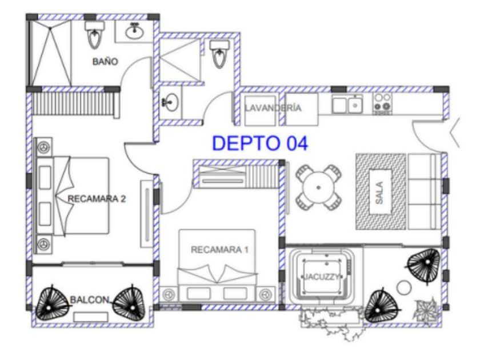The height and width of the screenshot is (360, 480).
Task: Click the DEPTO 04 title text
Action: pyautogui.click(x=260, y=143)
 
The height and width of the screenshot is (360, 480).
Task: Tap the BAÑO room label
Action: pyautogui.click(x=105, y=62)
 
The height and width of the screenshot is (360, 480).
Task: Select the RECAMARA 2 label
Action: pyautogui.click(x=97, y=199)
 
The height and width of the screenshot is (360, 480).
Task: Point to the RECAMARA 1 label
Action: pyautogui.click(x=219, y=250)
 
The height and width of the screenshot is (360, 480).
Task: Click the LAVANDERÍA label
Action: pyautogui.click(x=273, y=108)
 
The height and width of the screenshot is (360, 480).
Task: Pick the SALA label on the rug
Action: pyautogui.click(x=379, y=193)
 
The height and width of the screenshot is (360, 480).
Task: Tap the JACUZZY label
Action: pyautogui.click(x=321, y=277)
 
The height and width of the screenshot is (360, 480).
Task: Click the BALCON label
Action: pyautogui.click(x=89, y=299)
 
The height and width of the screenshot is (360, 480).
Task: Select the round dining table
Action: pyautogui.click(x=318, y=187)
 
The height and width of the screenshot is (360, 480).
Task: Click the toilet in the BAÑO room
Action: pyautogui.click(x=95, y=35)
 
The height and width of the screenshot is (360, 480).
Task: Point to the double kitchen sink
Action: pyautogui.click(x=347, y=104)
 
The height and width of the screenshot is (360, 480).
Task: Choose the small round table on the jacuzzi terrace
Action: pyautogui.click(x=404, y=287)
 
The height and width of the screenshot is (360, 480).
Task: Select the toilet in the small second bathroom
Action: pyautogui.click(x=219, y=54)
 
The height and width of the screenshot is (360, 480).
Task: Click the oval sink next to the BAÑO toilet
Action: pyautogui.click(x=134, y=31)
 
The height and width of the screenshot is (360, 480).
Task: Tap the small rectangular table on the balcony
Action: pyautogui.click(x=91, y=317)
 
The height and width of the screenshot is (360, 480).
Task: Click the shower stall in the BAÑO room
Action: pyautogui.click(x=50, y=53)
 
